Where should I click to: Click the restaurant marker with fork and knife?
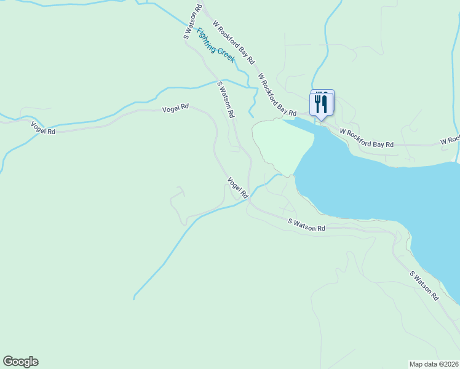[322, 103]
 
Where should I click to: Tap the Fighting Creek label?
[216, 45]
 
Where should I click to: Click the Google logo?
[20, 362]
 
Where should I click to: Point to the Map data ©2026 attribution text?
[434, 364]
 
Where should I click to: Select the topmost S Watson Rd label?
[193, 23]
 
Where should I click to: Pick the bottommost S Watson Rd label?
[425, 286]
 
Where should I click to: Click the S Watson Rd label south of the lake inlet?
[306, 225]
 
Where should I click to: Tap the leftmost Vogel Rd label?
[44, 127]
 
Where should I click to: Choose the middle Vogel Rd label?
[175, 109]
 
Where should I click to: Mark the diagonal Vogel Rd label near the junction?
[237, 188]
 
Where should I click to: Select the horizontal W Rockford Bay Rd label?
[367, 138]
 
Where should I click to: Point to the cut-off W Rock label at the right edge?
[450, 140]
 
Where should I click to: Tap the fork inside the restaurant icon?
[317, 102]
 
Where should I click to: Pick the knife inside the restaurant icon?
[324, 103]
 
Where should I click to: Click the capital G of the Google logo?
[9, 362]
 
